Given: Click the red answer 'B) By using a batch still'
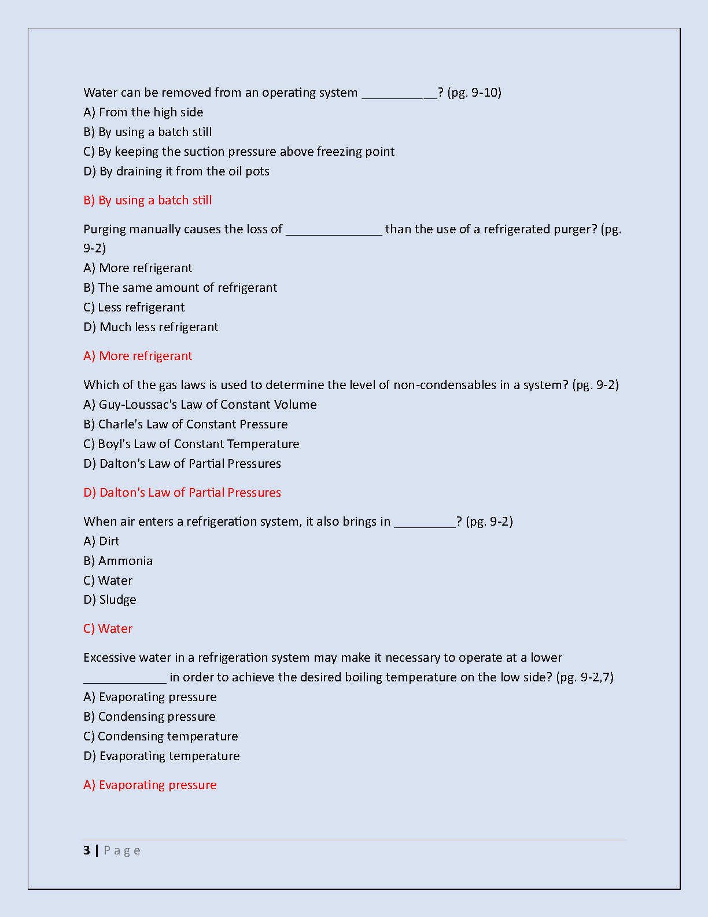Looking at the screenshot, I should tap(147, 200).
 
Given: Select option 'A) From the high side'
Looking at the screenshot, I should tap(143, 112).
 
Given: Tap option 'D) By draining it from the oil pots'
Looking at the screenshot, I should tap(176, 171).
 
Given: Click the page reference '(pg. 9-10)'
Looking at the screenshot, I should tap(474, 93).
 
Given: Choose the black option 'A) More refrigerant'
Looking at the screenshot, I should tap(138, 268).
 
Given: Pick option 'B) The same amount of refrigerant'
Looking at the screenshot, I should tap(180, 288).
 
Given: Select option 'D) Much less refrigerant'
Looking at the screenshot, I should tap(151, 327).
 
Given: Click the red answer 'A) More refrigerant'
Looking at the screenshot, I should tap(138, 356).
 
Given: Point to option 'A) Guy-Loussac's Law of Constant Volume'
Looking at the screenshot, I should tap(200, 405).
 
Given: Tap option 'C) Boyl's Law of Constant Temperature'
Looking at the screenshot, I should tap(191, 444).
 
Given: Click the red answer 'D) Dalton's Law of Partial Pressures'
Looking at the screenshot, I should tap(182, 493).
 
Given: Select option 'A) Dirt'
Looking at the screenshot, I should tap(101, 541).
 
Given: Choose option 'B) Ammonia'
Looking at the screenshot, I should tap(118, 561).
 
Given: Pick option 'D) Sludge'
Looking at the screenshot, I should tap(110, 600).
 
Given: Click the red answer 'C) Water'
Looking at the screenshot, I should tap(108, 629).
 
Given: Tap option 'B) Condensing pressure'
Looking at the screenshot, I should tap(149, 717).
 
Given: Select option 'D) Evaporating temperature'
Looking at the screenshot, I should tap(161, 756).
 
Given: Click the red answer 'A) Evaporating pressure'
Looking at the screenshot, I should tap(150, 785).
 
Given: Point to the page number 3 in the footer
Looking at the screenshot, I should tap(87, 850).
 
